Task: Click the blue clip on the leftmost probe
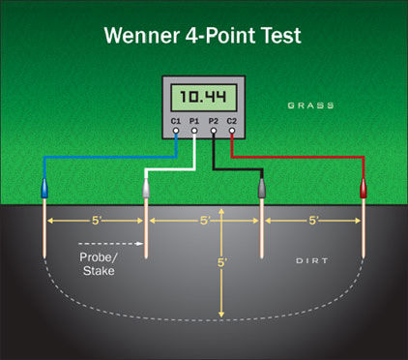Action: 45,190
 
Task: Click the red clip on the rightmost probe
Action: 363,190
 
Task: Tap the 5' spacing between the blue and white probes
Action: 96,220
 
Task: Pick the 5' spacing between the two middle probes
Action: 204,221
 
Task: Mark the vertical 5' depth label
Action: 222,262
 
